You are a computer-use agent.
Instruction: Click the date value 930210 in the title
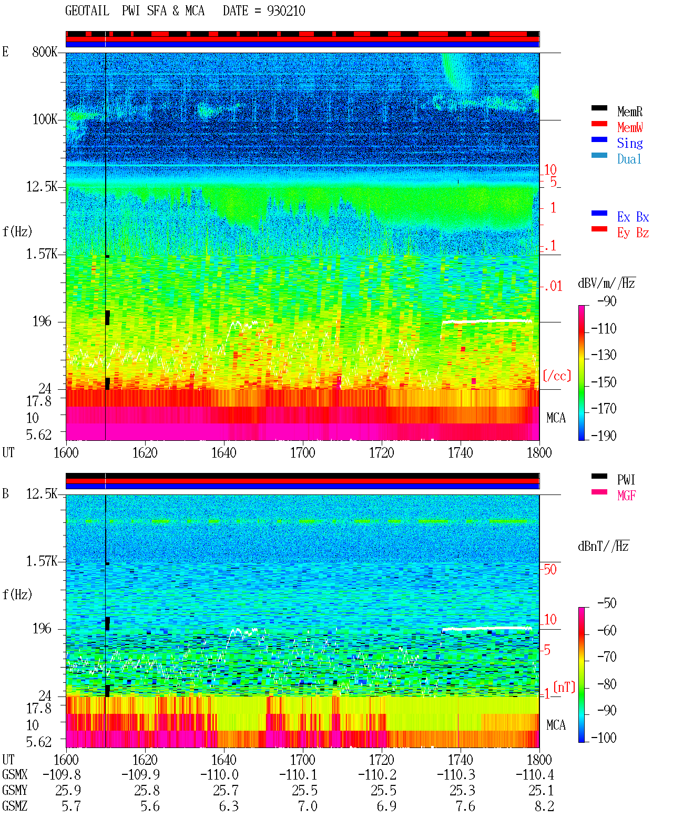click(285, 11)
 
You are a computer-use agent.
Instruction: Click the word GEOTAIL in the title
click(87, 11)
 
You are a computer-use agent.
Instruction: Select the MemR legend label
click(629, 112)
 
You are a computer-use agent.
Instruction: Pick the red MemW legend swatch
click(599, 124)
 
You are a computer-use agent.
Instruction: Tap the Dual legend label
click(629, 159)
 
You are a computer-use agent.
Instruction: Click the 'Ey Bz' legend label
click(633, 233)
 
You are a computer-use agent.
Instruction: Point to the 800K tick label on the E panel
click(45, 52)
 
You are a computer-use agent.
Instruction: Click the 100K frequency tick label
click(45, 119)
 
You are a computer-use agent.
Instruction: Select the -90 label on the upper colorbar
click(607, 301)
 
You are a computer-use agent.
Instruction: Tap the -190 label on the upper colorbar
click(604, 436)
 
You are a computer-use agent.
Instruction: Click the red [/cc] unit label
click(557, 376)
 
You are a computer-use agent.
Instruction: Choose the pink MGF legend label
click(626, 496)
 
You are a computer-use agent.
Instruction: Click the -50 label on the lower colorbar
click(607, 603)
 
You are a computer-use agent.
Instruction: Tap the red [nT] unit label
click(564, 687)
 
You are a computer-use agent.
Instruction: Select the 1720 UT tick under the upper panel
click(382, 452)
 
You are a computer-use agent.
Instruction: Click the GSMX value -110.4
click(535, 774)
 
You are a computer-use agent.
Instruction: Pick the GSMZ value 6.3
click(229, 806)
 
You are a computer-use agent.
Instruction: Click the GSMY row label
click(15, 790)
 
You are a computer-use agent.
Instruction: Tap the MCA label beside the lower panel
click(556, 725)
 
